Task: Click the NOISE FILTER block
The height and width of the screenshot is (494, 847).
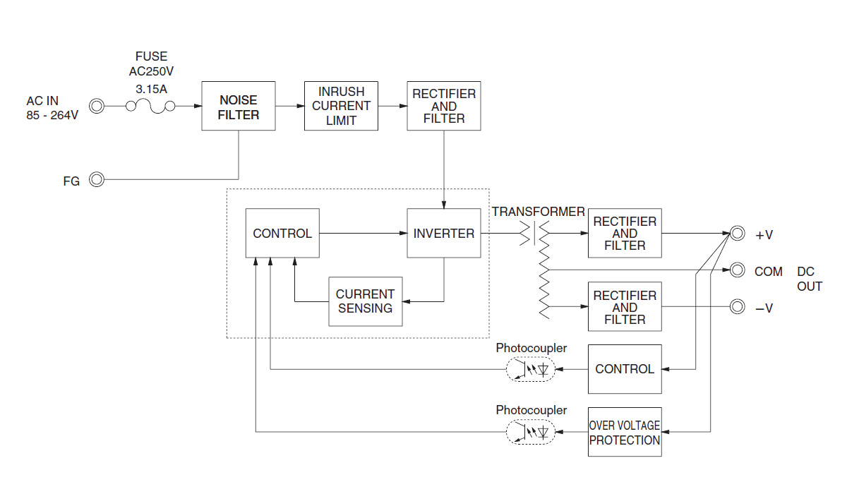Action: click(239, 106)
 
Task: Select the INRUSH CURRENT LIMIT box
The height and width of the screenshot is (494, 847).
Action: click(341, 106)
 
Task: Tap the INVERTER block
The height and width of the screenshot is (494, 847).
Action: click(444, 234)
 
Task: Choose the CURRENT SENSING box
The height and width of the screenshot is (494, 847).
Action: click(366, 301)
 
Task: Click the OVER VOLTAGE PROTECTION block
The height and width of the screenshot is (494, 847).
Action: click(625, 432)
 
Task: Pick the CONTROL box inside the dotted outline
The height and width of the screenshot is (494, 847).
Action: click(282, 234)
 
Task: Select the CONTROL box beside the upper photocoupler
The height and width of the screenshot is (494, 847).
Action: click(625, 369)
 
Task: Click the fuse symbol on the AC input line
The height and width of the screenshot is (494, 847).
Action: click(150, 107)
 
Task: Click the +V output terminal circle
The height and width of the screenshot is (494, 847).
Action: click(737, 234)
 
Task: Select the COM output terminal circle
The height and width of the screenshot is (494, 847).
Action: click(737, 270)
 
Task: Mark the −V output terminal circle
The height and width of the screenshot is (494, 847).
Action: click(737, 307)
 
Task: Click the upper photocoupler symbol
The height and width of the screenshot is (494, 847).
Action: click(531, 369)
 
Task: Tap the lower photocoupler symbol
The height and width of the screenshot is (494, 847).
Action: click(531, 432)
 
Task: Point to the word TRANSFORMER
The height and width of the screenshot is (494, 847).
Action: click(539, 212)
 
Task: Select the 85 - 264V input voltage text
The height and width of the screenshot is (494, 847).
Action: click(52, 115)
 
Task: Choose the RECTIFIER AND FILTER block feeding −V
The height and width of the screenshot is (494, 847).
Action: click(625, 307)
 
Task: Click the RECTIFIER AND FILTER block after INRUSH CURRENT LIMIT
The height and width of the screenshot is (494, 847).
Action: click(444, 106)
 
